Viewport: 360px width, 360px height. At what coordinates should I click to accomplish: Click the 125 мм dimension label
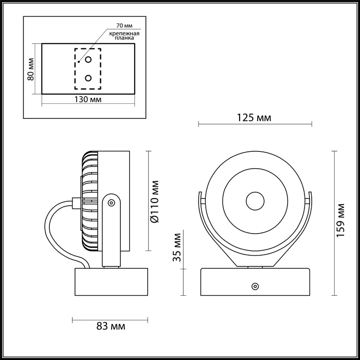click(254, 118)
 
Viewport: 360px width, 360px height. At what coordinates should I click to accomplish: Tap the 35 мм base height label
click(176, 248)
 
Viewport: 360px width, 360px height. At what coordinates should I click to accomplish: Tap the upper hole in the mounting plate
click(88, 60)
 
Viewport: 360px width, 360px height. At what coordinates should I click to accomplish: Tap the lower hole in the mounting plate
click(88, 78)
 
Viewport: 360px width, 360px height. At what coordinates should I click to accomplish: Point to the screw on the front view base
click(254, 285)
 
